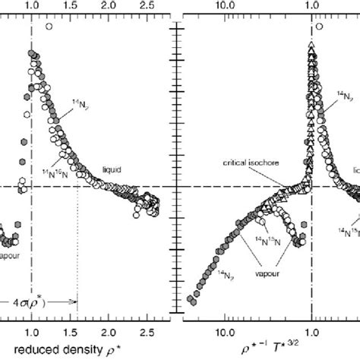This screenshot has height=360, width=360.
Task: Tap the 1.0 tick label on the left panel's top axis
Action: (x=32, y=7)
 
